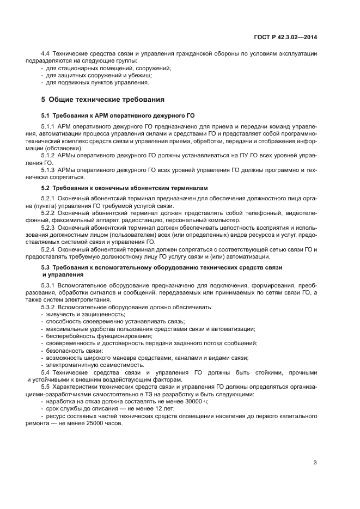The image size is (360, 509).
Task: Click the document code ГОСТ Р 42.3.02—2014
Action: tap(286, 37)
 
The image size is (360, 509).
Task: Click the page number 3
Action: tap(315, 463)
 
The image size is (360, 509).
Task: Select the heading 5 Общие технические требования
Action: tap(103, 100)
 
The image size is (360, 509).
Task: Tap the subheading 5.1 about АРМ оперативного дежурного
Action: tap(118, 116)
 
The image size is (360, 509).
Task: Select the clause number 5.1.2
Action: tap(50, 155)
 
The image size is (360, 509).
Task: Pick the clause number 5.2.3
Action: tap(50, 226)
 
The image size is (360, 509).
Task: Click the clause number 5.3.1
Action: tap(50, 285)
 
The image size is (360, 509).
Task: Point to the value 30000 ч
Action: tap(194, 401)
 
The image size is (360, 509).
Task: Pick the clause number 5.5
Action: tap(46, 386)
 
